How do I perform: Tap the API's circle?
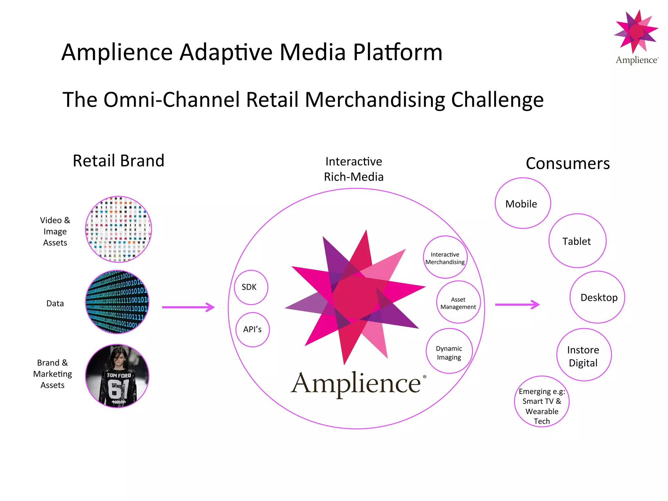point(252,329)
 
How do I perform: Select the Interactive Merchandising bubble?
point(445,257)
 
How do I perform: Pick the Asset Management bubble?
point(458,302)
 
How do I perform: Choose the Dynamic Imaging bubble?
point(449,351)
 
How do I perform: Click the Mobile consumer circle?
point(523,203)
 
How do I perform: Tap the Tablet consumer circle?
point(577,241)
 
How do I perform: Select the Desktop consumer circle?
point(597,297)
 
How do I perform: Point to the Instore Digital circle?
point(584,355)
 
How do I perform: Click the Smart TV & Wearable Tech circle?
point(542,402)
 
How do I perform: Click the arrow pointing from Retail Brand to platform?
point(188,307)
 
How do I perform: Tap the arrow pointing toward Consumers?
point(517,305)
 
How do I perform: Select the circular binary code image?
point(117,302)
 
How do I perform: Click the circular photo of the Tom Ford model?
point(117,376)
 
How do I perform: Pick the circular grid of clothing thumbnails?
point(118,229)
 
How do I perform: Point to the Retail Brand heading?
point(118,161)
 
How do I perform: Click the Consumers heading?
point(568,163)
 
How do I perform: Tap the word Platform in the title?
point(398,52)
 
